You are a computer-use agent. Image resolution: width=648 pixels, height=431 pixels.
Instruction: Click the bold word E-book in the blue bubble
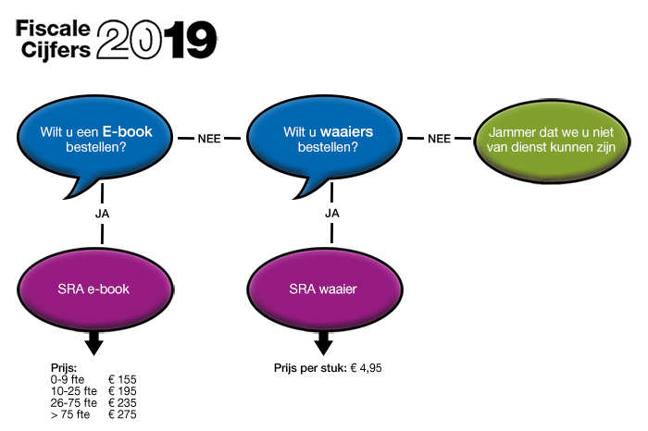click(x=128, y=131)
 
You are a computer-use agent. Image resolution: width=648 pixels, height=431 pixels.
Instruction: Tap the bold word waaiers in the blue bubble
click(x=347, y=131)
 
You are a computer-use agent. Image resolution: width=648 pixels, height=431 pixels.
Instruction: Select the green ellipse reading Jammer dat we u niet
click(x=552, y=142)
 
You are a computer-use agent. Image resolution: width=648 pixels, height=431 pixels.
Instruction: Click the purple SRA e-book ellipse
click(x=94, y=289)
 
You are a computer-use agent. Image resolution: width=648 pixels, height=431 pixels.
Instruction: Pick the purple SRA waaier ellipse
click(x=324, y=289)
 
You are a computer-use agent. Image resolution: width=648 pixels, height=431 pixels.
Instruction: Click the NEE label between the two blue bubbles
click(x=209, y=139)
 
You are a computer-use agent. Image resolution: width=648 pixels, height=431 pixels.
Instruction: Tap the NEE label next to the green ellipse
click(x=439, y=139)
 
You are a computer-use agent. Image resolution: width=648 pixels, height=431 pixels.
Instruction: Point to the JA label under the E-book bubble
click(x=102, y=214)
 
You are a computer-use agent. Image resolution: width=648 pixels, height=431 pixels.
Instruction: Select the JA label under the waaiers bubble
click(x=331, y=214)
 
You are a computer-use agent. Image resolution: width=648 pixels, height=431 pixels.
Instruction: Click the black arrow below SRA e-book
click(x=94, y=342)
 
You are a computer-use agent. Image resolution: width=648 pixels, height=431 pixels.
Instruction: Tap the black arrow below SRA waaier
click(x=324, y=342)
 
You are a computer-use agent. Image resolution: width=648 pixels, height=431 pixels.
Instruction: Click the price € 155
click(x=122, y=379)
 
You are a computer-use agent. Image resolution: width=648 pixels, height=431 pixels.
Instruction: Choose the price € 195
click(x=122, y=391)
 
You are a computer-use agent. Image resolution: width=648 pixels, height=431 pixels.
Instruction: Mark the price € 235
click(x=122, y=403)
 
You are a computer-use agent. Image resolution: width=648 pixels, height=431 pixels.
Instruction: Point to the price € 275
click(x=122, y=414)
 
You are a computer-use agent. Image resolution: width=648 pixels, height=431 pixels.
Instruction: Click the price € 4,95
click(x=367, y=368)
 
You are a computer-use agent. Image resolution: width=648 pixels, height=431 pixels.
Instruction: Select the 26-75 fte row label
click(x=73, y=403)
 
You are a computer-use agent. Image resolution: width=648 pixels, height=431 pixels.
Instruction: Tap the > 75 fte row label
click(x=70, y=414)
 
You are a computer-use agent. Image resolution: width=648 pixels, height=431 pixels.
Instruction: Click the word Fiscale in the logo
click(x=53, y=29)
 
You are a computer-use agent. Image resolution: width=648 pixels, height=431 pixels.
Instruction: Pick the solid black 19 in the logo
click(x=193, y=40)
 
